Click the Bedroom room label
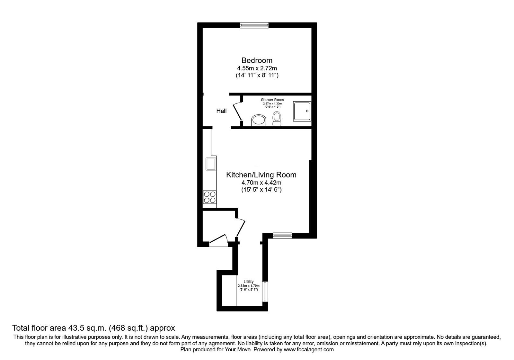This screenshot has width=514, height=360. click(x=257, y=60)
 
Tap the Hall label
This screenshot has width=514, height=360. click(x=221, y=111)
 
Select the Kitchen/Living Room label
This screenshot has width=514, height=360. click(x=261, y=175)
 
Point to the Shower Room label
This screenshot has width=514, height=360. click(x=272, y=100)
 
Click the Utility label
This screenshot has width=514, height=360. click(x=249, y=282)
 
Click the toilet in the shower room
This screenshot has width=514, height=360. click(x=277, y=119)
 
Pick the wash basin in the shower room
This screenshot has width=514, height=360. click(x=259, y=120)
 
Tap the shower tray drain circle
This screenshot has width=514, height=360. click(x=307, y=111)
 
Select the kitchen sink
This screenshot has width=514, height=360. click(x=211, y=164)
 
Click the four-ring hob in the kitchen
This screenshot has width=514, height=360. click(x=210, y=197)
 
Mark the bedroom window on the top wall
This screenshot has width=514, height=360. click(x=254, y=25)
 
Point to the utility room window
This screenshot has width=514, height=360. click(x=265, y=292)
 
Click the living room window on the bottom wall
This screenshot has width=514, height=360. click(x=282, y=236)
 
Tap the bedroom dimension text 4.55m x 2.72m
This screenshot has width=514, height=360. click(x=257, y=68)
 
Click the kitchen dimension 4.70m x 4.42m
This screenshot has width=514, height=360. click(x=261, y=183)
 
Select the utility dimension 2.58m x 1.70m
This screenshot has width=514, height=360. click(x=249, y=286)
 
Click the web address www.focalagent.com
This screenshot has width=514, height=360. click(x=309, y=349)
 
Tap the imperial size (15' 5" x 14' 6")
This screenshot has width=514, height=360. click(x=261, y=190)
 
